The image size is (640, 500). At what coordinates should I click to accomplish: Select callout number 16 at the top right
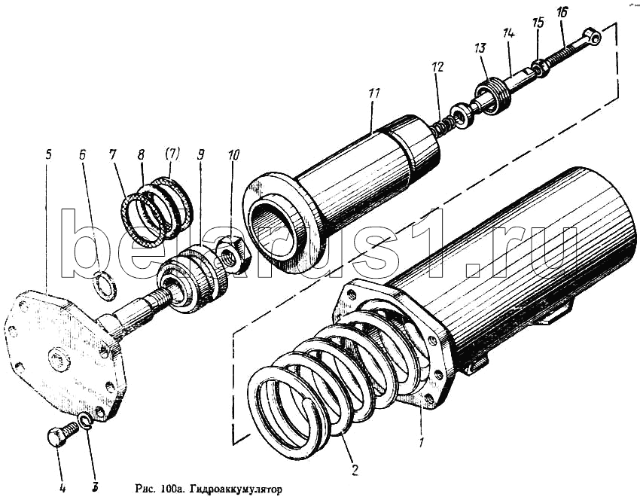point(562,13)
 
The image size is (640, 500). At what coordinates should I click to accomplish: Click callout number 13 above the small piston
point(480,48)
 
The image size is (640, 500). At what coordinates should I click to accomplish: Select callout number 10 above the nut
point(233,156)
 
